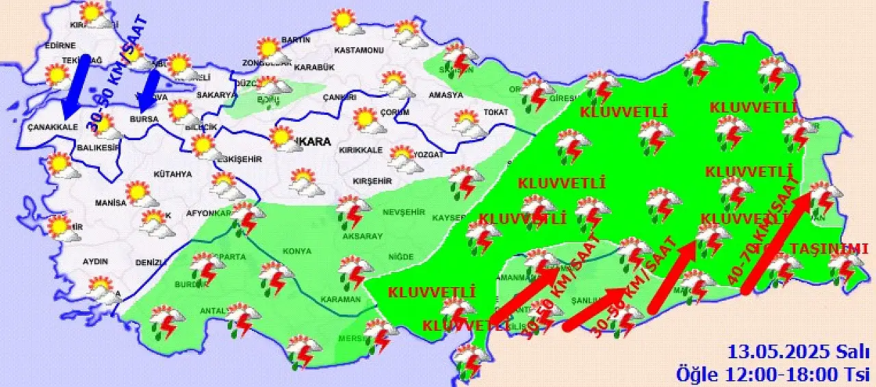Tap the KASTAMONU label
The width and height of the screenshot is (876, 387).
click(x=358, y=51)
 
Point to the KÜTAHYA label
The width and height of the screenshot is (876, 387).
click(x=172, y=174)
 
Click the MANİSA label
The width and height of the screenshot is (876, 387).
click(x=111, y=203)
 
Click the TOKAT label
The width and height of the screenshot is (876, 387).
click(x=496, y=112)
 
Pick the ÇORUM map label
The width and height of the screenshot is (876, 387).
click(x=395, y=112)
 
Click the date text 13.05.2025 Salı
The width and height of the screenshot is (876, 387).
click(x=797, y=353)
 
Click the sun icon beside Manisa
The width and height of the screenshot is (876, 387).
click(x=140, y=194)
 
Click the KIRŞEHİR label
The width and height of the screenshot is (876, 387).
click(x=372, y=181)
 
